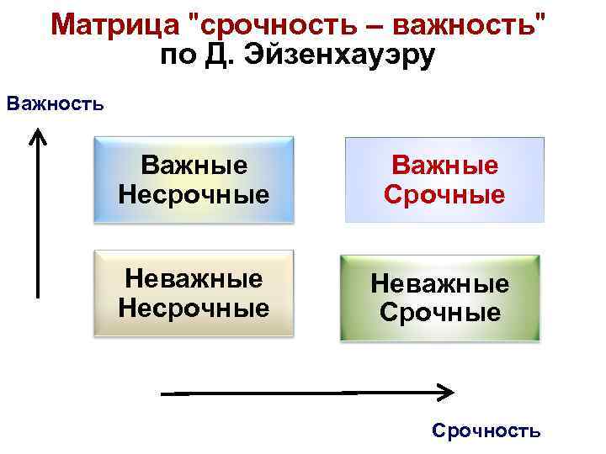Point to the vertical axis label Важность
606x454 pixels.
click(x=55, y=104)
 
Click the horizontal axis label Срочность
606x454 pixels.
click(x=486, y=431)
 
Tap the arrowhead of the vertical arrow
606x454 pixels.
click(x=36, y=135)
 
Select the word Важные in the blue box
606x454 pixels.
click(x=194, y=165)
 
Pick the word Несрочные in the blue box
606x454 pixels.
click(x=194, y=195)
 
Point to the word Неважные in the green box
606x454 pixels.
click(x=440, y=284)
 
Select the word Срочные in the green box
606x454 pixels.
click(x=440, y=314)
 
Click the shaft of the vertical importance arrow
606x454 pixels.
click(x=36, y=219)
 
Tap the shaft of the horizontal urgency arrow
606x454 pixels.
click(x=295, y=392)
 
